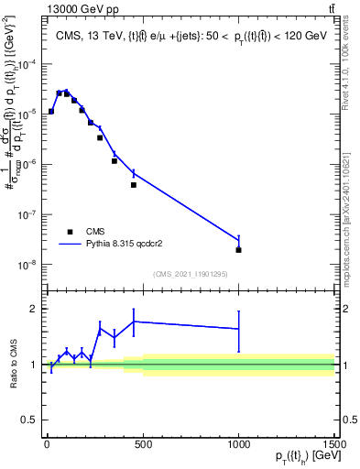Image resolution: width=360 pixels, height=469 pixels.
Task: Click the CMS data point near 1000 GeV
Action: click(x=238, y=249)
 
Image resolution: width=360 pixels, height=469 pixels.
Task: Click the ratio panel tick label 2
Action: click(x=35, y=309)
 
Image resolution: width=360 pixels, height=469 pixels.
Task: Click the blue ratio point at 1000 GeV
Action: click(x=238, y=328)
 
